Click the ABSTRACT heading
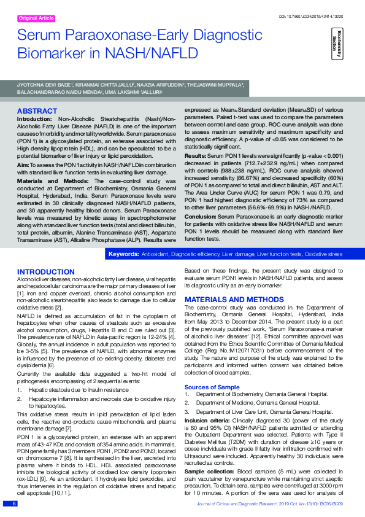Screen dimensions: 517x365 [37, 111]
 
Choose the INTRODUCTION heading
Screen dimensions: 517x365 [46, 271]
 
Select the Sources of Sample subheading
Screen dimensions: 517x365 [212, 386]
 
